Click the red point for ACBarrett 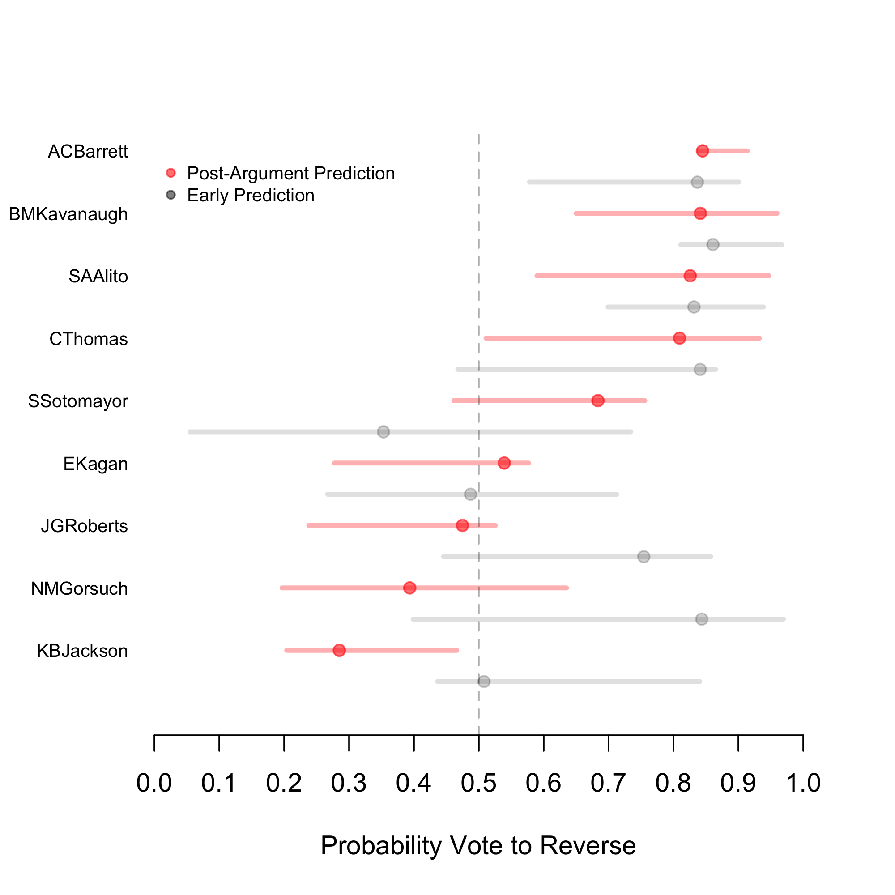(x=702, y=151)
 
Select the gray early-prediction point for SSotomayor (x=383, y=432)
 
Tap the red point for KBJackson (x=339, y=650)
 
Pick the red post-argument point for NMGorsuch (x=409, y=588)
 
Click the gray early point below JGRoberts (x=644, y=556)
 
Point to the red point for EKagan (x=504, y=463)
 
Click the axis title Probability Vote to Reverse (x=478, y=845)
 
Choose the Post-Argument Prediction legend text (x=290, y=173)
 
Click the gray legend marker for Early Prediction (x=171, y=195)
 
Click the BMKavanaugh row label (x=68, y=214)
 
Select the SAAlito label (x=98, y=277)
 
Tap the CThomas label (x=89, y=339)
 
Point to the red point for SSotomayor (x=597, y=401)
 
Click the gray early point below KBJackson (x=484, y=682)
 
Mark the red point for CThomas (x=679, y=338)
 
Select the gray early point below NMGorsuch (x=702, y=619)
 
